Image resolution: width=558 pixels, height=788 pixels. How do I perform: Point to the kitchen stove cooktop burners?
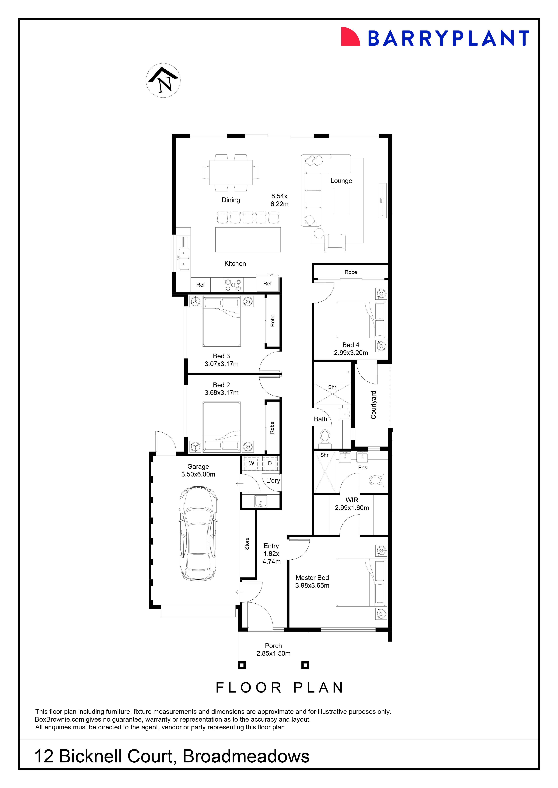233,285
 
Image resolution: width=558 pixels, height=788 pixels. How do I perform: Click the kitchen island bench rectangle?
248,240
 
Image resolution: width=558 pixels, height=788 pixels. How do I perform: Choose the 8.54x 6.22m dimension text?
279,200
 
